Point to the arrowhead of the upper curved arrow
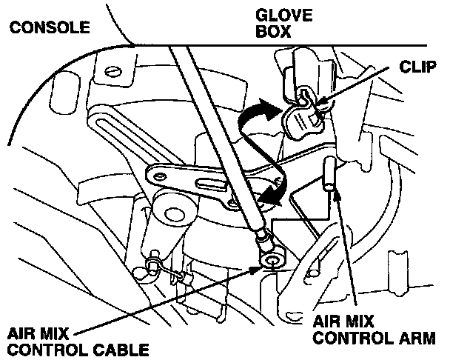pos(275,107)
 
